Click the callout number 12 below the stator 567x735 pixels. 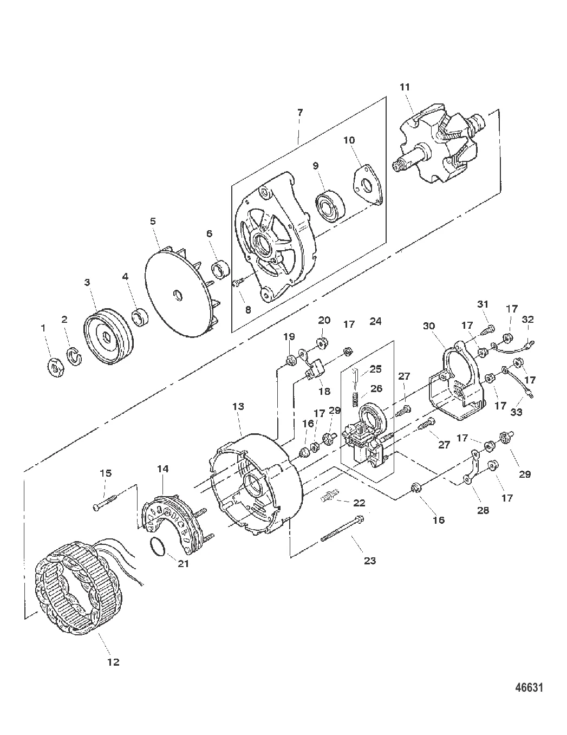coord(114,662)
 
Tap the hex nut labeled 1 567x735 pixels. coord(55,367)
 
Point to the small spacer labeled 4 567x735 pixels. coord(139,317)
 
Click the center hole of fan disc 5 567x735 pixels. coord(178,295)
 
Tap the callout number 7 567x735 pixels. coord(300,112)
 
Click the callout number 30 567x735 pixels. coord(429,326)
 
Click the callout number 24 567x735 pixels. coord(375,321)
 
